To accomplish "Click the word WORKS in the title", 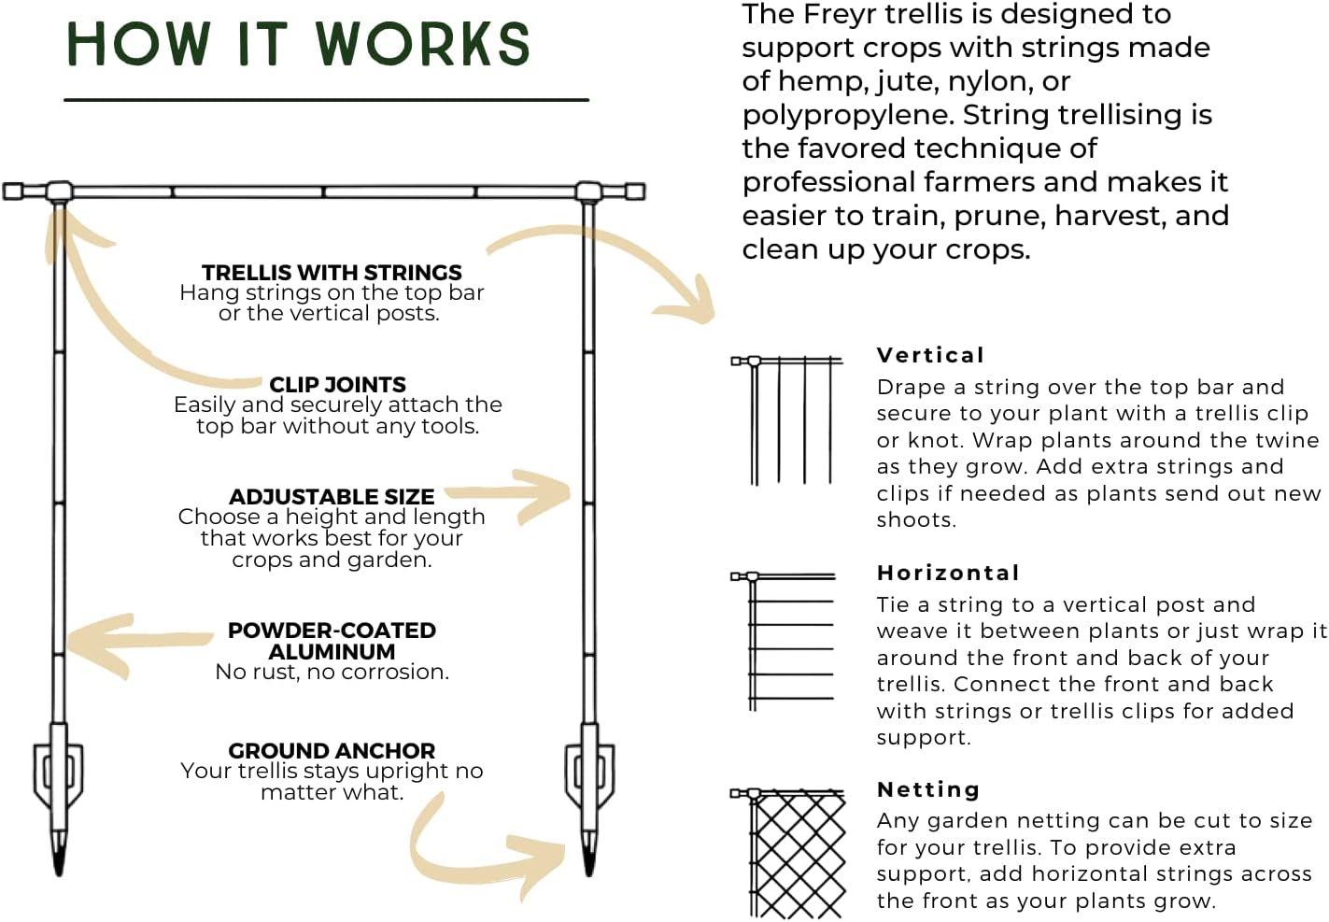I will point(422,44).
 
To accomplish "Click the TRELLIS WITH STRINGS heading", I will point(332,272).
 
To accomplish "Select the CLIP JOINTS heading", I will point(337,384).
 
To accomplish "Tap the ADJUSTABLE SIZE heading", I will point(332,496).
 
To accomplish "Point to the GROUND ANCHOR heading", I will point(332,750).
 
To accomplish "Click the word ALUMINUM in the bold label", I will point(332,651).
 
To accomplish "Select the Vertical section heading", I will point(930,355).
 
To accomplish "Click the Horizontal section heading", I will point(948,573).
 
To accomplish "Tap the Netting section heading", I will point(928,789).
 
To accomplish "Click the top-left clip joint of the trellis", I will point(59,192).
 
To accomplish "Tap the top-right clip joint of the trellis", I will point(588,192).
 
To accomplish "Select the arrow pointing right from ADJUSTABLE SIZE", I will point(514,492).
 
